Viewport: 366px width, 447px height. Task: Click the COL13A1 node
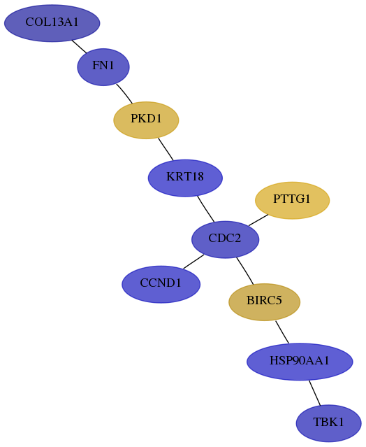click(52, 23)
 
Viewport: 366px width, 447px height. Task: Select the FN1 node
click(103, 67)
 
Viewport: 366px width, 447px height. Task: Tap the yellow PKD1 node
click(146, 120)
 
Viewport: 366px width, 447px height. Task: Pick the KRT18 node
click(185, 178)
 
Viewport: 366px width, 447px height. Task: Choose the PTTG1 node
click(292, 200)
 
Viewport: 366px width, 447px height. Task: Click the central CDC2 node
click(226, 239)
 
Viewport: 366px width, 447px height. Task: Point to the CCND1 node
click(161, 284)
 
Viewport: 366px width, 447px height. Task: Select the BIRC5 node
click(265, 302)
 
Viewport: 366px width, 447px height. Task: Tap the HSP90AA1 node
click(300, 362)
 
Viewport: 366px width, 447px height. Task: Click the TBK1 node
click(329, 423)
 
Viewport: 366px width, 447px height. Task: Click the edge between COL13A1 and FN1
click(79, 46)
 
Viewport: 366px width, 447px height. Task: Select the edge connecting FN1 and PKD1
click(124, 94)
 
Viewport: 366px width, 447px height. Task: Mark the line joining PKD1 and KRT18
click(166, 149)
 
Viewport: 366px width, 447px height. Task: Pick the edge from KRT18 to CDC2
click(206, 209)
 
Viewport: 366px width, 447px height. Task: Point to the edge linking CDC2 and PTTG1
click(258, 220)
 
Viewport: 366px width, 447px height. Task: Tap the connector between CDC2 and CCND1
click(193, 262)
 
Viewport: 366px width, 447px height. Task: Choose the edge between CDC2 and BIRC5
click(245, 271)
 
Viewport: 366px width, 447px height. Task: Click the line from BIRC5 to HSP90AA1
click(282, 332)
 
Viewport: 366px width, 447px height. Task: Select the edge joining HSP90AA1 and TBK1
click(315, 393)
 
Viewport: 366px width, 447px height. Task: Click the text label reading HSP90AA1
click(300, 361)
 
